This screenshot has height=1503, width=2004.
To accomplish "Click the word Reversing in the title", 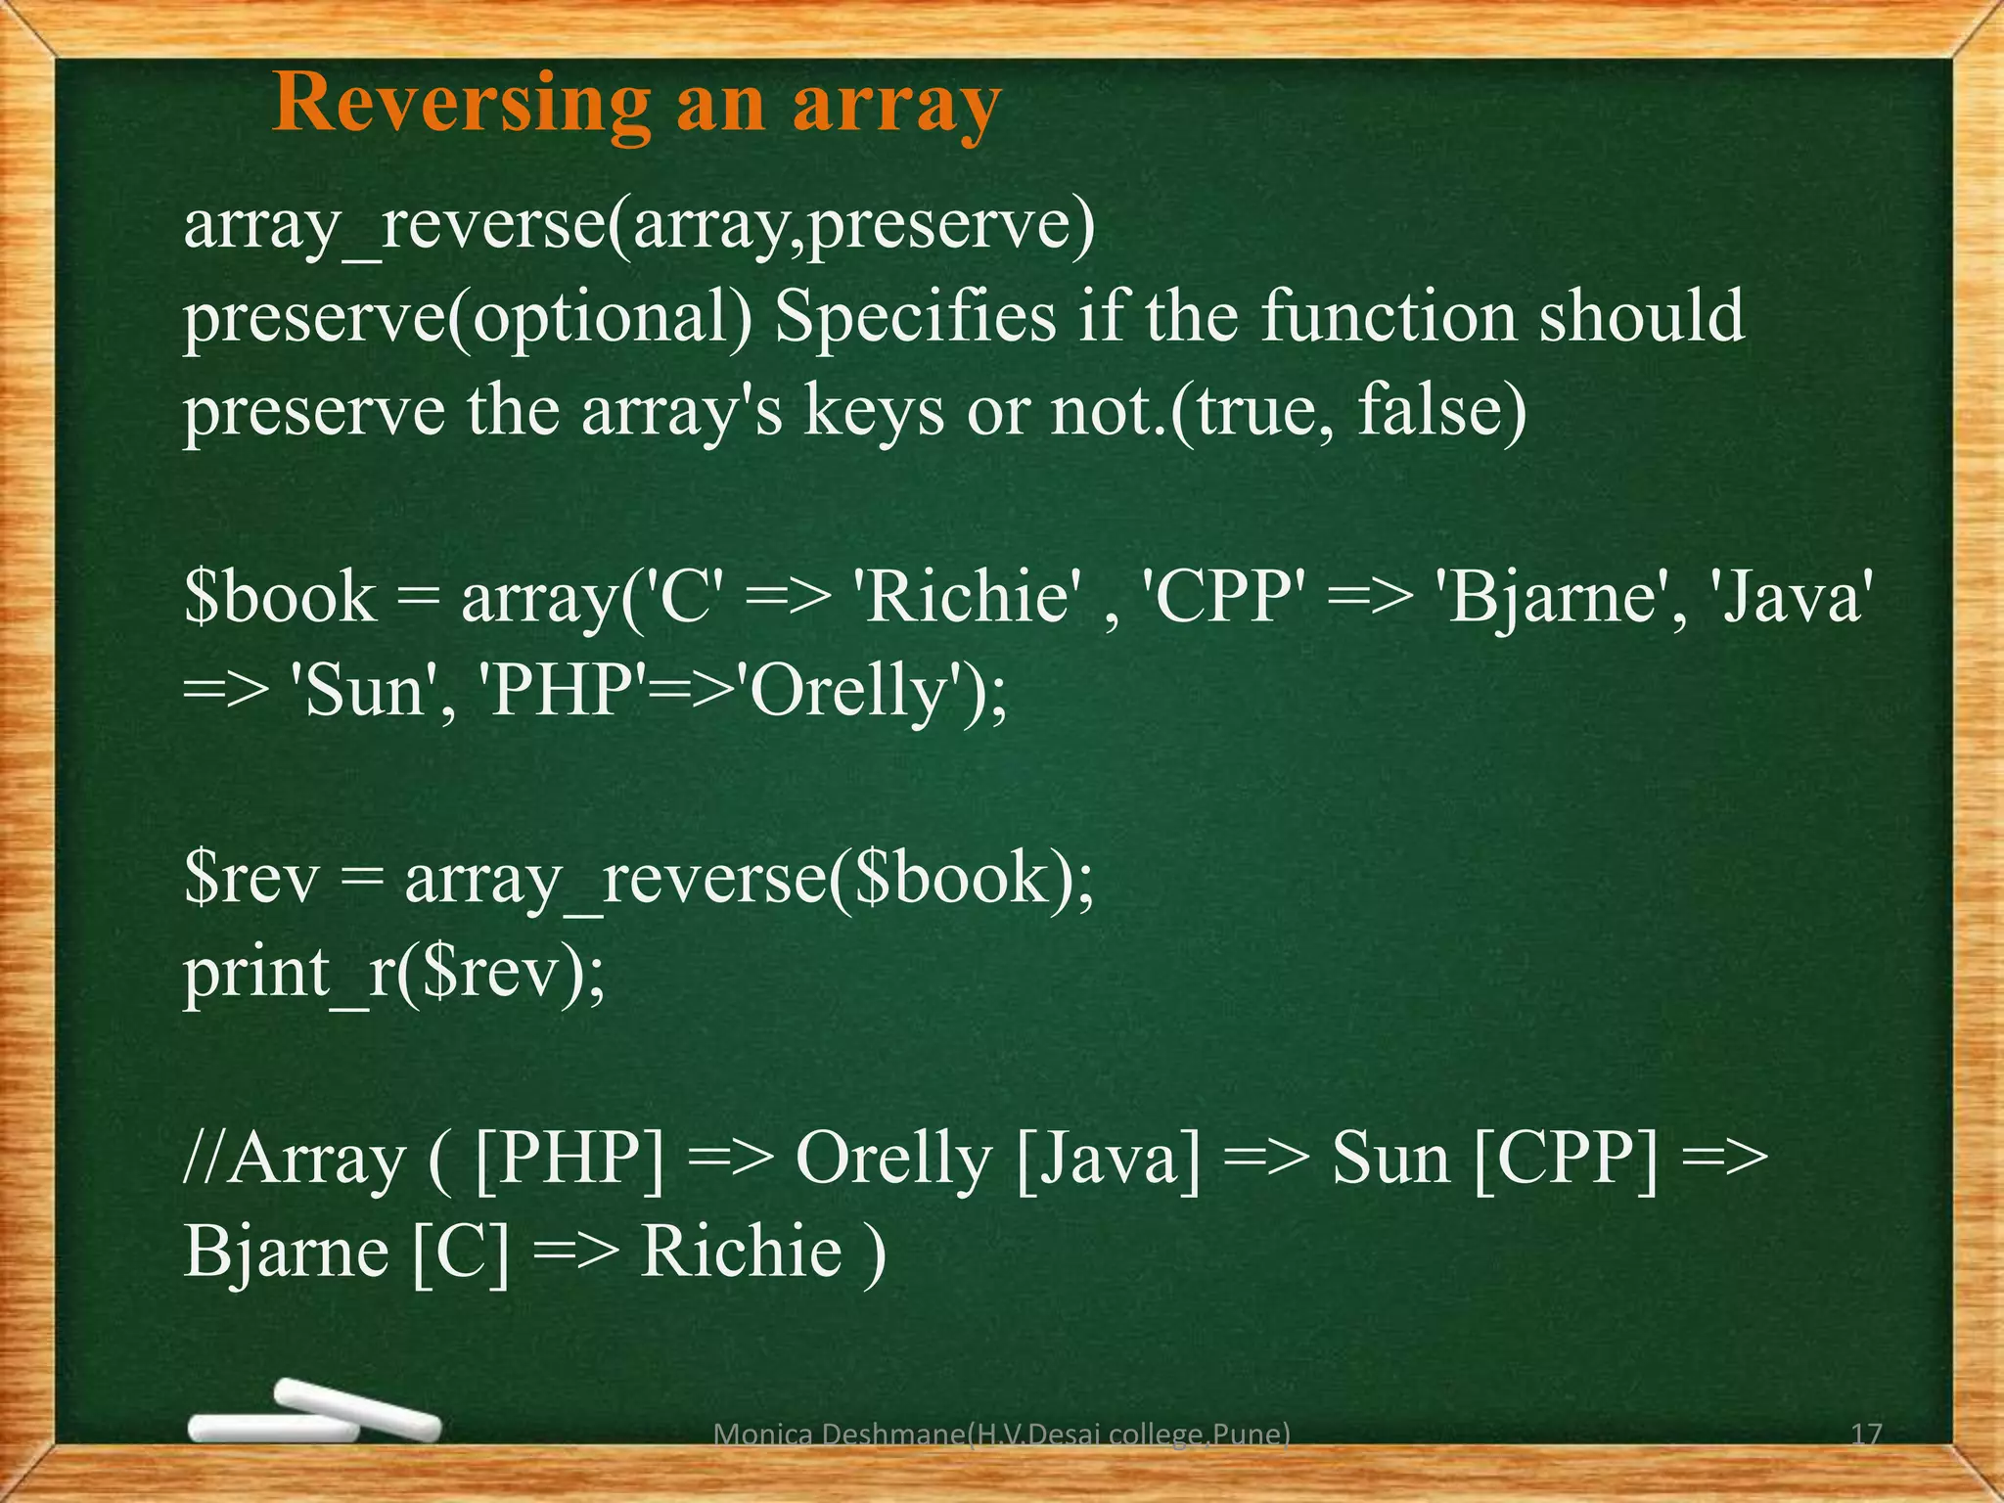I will coord(461,104).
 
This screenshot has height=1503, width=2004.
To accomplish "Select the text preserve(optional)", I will coord(469,318).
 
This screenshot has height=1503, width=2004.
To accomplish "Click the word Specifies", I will coord(916,318).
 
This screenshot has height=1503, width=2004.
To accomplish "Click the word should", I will coord(1641,318).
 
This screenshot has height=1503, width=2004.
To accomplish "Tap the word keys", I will coord(874,411).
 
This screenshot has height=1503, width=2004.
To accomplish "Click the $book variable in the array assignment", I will coord(280,598).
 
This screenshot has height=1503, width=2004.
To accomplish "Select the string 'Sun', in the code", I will coord(368,691).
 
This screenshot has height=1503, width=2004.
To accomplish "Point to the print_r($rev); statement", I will coord(394,973).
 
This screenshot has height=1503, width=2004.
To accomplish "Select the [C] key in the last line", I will coord(460,1252).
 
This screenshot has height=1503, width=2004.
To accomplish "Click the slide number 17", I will coord(1866,1435).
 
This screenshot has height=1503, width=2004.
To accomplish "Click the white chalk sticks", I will coord(313,1415).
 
